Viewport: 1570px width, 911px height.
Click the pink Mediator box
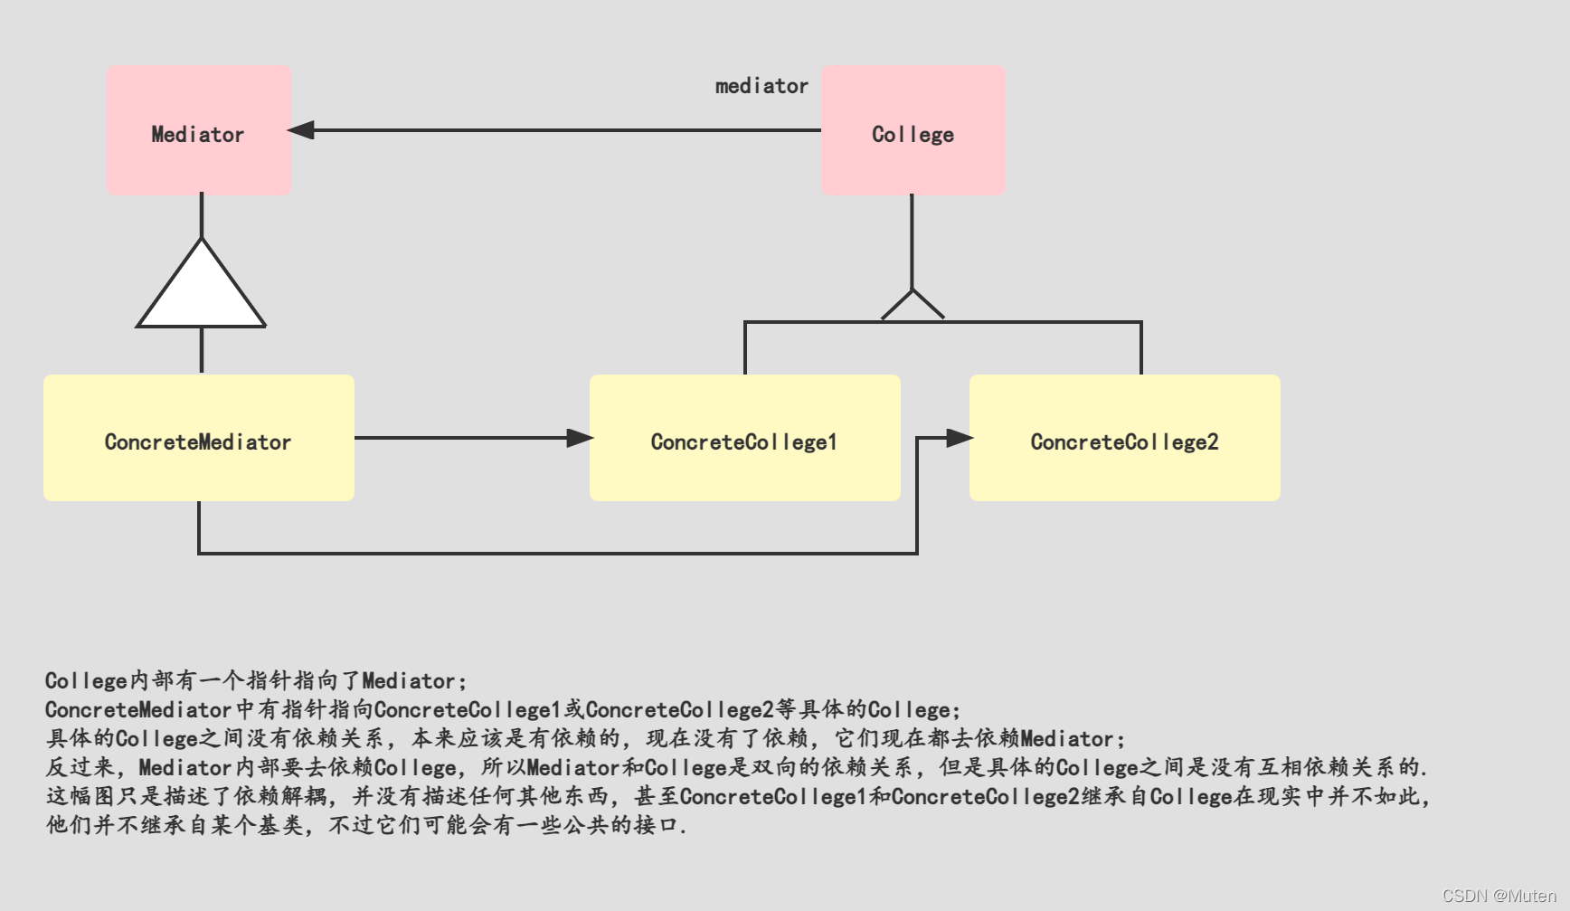(199, 130)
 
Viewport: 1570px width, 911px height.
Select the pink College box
(913, 130)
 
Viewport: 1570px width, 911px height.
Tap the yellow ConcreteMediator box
(199, 438)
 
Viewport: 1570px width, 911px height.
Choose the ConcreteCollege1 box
(744, 438)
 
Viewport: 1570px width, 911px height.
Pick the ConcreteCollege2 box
(1124, 438)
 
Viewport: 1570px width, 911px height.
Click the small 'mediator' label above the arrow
(761, 86)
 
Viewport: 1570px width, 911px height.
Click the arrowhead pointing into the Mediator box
(301, 130)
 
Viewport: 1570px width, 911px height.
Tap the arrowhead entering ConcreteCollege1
(580, 438)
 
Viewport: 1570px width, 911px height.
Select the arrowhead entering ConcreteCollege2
(959, 438)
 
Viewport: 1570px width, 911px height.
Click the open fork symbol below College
(913, 306)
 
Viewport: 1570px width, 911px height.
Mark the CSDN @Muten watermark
(1499, 896)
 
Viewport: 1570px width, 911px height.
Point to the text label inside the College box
(913, 134)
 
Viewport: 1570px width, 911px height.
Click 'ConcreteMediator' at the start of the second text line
(138, 709)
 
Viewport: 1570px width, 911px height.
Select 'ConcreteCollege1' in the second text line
(468, 709)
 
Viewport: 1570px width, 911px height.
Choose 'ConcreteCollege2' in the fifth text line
(985, 796)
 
